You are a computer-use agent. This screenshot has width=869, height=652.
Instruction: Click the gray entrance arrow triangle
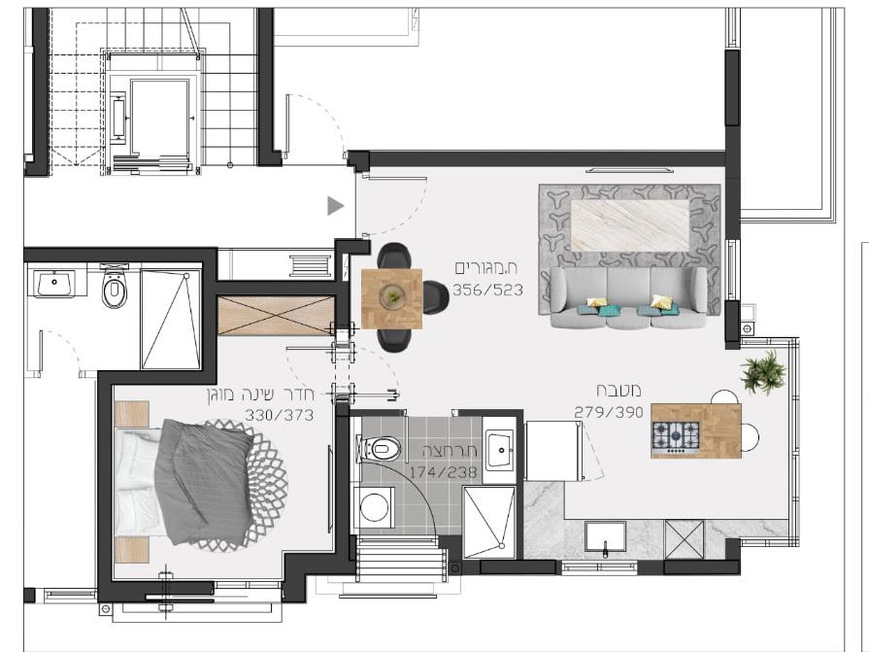coord(334,206)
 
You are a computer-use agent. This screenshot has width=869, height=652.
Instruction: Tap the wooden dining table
coord(392,299)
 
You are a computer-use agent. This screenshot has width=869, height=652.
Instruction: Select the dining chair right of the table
coord(436,297)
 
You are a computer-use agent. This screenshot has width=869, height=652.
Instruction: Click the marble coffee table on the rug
coord(630,225)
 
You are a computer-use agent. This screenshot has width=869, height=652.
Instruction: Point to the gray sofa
coord(628,298)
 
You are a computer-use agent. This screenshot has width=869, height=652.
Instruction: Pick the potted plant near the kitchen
coord(764,372)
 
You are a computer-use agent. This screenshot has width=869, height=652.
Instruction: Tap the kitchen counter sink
coord(605,537)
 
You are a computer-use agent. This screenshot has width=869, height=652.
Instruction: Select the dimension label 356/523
coord(487,290)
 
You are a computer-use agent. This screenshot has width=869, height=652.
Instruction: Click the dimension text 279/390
coord(609,413)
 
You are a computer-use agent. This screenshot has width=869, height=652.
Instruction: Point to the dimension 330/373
coord(280,415)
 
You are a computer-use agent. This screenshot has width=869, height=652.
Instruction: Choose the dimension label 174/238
coord(443,472)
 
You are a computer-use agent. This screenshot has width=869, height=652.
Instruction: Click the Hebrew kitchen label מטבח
coord(619,391)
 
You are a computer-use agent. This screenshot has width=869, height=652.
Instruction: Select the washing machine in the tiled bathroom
coord(375,507)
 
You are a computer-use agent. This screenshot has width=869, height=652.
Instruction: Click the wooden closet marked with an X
coord(276,316)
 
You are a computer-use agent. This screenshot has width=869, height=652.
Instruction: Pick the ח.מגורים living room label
coord(486,268)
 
